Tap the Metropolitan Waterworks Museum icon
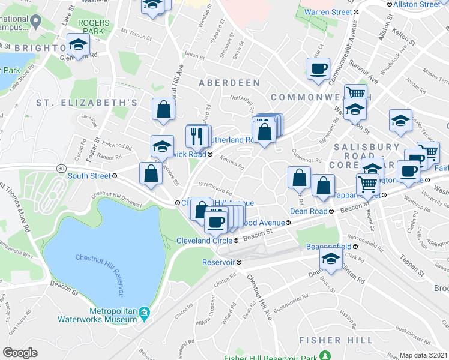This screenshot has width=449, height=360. point(144,313)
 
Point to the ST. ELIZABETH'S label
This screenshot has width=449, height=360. point(87,103)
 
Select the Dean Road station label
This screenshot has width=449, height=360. point(309,211)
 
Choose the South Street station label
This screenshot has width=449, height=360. point(89,176)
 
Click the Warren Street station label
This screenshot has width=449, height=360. point(328,12)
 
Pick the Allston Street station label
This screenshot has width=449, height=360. point(417,4)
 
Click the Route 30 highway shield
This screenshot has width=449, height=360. point(61,169)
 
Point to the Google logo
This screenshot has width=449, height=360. point(20,353)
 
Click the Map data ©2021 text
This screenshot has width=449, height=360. point(423,355)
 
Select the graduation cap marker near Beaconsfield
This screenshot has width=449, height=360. point(331,259)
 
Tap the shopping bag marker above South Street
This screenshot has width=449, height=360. point(151,173)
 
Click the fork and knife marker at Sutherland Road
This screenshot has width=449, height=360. point(197,137)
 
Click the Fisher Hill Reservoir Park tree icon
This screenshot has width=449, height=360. point(325,356)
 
